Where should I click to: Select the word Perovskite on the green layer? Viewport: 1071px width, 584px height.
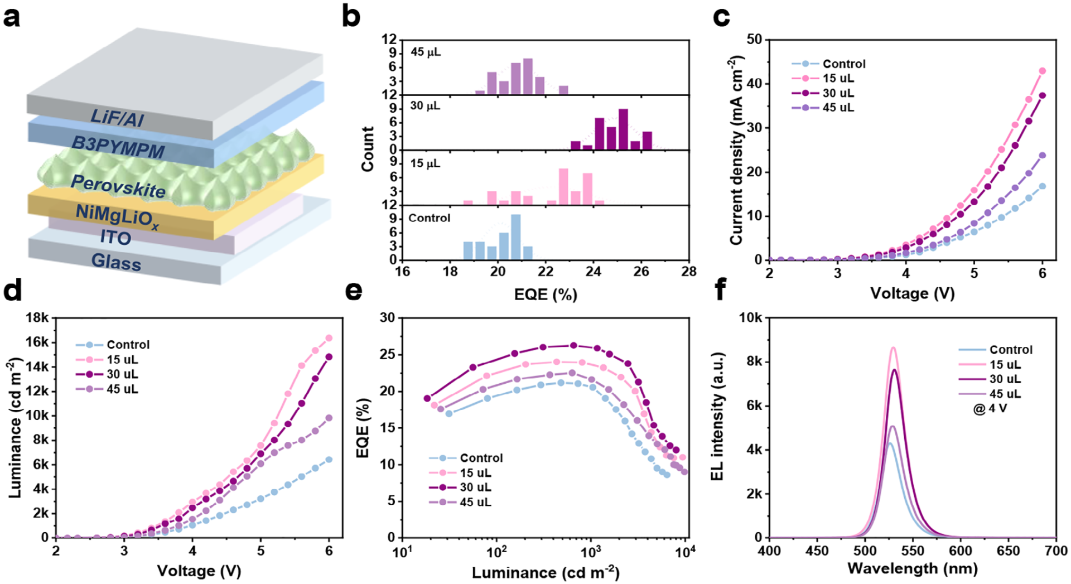coord(118,186)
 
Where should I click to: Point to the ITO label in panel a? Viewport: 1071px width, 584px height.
coord(115,238)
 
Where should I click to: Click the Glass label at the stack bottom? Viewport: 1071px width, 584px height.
coord(116,261)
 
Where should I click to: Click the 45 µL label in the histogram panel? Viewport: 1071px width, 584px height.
coord(426,52)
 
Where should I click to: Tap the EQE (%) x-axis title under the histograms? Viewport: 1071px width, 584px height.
coord(545,294)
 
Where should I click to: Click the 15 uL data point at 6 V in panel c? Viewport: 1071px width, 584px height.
coord(1041,71)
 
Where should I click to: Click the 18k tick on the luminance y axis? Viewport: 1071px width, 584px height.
coord(37,318)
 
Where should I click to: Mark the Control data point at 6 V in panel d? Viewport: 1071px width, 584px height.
coord(329,460)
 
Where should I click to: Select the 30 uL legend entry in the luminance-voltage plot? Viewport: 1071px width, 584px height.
coord(122,374)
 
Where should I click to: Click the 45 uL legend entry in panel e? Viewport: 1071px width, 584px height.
coord(475,503)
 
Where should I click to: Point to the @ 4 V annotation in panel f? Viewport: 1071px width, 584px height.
coord(990,409)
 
